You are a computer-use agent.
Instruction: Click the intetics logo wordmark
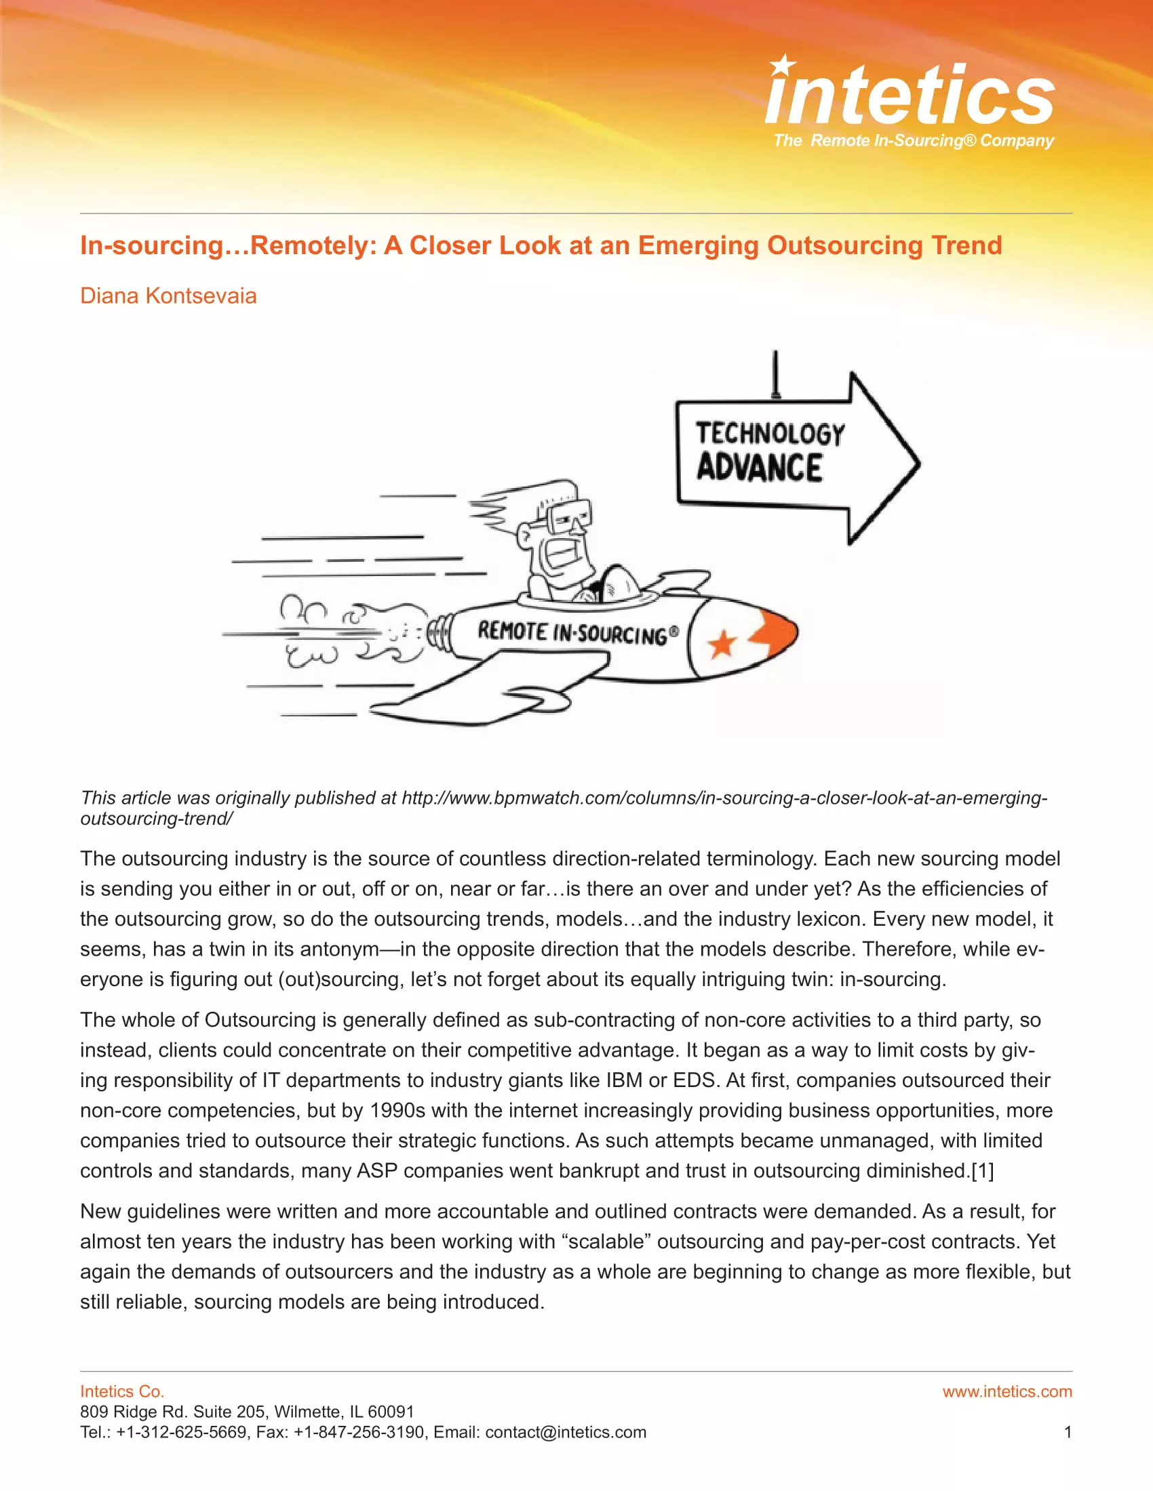click(x=910, y=96)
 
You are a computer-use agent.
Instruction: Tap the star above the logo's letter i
click(x=782, y=66)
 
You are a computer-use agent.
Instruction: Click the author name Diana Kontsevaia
click(x=168, y=295)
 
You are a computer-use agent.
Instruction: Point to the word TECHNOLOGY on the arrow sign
click(x=770, y=434)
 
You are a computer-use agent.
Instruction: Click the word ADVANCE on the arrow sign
click(x=759, y=468)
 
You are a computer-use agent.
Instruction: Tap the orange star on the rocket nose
click(x=722, y=643)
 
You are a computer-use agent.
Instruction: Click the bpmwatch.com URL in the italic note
click(x=724, y=798)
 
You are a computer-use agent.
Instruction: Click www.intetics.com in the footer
click(x=1007, y=1391)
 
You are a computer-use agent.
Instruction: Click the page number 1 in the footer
click(x=1068, y=1431)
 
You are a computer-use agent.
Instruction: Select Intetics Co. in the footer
click(x=121, y=1391)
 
